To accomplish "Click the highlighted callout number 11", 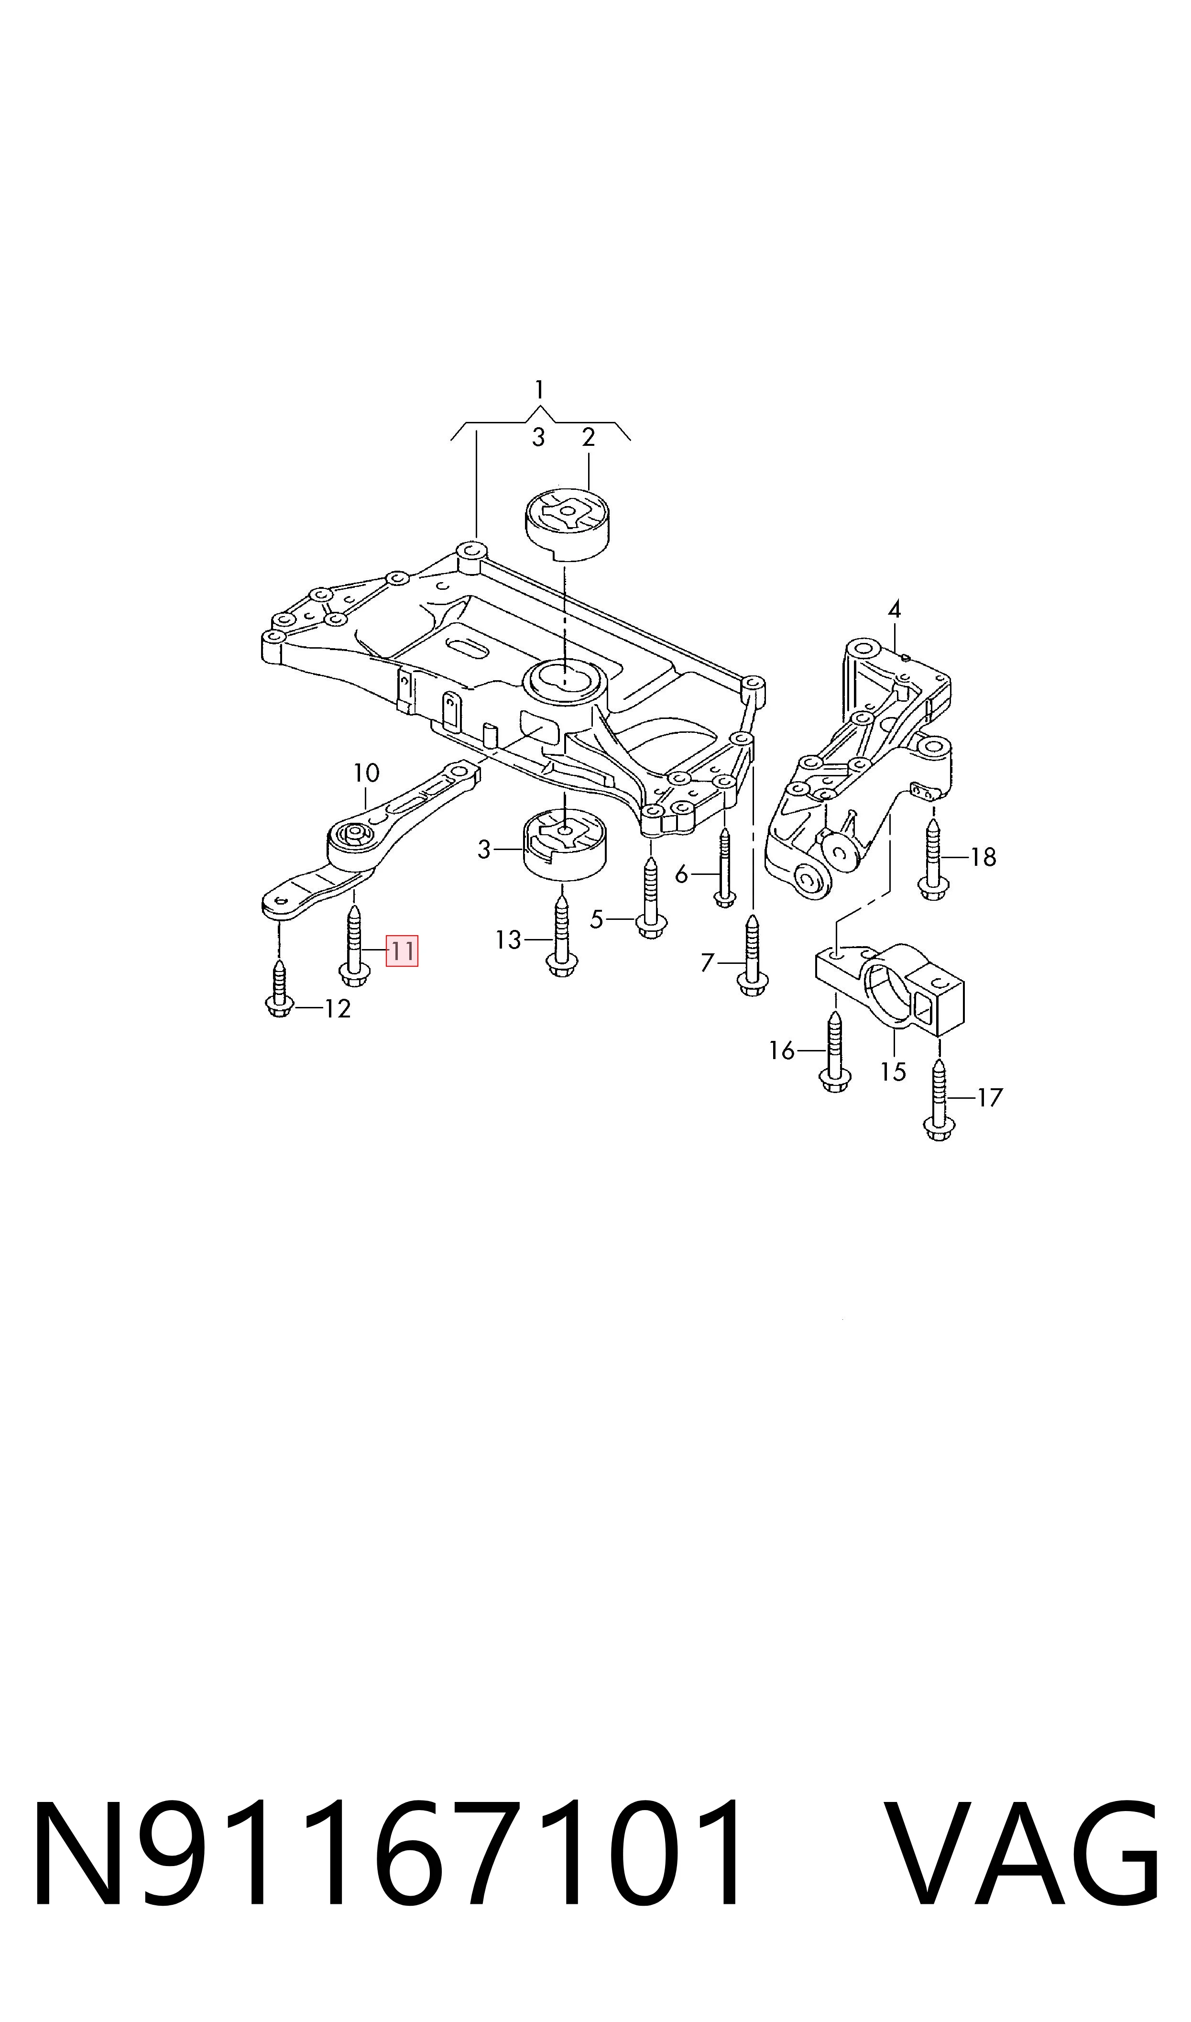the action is pos(401,951).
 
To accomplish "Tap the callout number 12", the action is pos(338,1009).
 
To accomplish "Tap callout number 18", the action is pos(983,857).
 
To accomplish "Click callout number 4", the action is pos(894,610).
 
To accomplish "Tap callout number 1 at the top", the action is pos(539,390).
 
